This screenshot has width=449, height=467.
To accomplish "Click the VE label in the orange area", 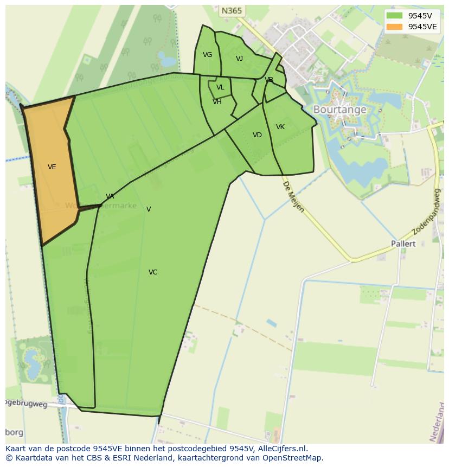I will [52, 167].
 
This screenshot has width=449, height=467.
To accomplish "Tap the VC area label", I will [153, 272].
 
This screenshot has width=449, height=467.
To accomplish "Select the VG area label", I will [207, 55].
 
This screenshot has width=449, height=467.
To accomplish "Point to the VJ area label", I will [239, 59].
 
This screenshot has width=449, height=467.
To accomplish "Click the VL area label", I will [220, 87].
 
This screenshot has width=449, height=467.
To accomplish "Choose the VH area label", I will [217, 102].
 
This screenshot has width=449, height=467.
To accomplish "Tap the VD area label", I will [257, 135].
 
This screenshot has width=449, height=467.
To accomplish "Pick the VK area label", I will [280, 127].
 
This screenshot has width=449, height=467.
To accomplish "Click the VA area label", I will [110, 196].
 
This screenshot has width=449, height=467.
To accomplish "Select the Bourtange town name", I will [339, 110].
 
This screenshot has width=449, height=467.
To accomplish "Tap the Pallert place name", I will [403, 244].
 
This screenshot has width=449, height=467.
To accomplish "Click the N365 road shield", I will [232, 11].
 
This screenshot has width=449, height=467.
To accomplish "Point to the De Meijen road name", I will [293, 197].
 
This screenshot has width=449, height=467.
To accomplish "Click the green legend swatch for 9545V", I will [394, 16].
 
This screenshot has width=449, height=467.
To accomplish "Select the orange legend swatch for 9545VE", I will [394, 27].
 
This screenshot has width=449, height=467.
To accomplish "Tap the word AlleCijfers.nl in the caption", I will [282, 449].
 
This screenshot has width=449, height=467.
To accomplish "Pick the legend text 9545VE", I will [422, 27].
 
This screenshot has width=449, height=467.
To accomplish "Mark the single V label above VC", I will [149, 209].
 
